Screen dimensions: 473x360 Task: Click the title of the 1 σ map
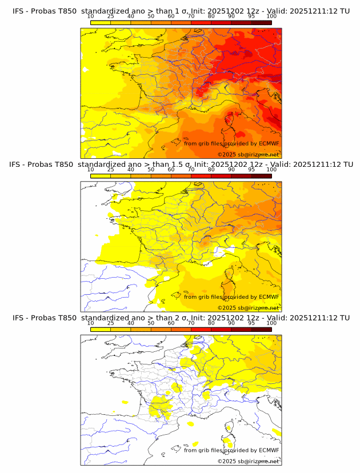tap(181, 10)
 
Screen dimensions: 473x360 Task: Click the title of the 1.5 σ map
tap(181, 165)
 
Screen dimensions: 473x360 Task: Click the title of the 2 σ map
tap(181, 318)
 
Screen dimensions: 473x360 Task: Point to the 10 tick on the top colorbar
tap(90, 16)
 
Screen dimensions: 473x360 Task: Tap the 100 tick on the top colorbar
tap(271, 16)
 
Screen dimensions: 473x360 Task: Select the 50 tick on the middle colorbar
tap(151, 170)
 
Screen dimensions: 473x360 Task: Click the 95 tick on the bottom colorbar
tap(251, 323)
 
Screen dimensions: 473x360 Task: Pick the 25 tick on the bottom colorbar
tap(110, 323)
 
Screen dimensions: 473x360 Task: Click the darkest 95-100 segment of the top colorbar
tap(261, 22)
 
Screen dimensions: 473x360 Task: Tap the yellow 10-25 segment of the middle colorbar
tap(101, 176)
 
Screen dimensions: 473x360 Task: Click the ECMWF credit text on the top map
tap(231, 143)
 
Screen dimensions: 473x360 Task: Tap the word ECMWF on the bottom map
tap(269, 450)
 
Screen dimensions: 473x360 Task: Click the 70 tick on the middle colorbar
tap(191, 170)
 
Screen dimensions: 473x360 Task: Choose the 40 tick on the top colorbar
tap(131, 16)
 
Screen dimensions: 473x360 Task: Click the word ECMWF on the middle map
tap(269, 296)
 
